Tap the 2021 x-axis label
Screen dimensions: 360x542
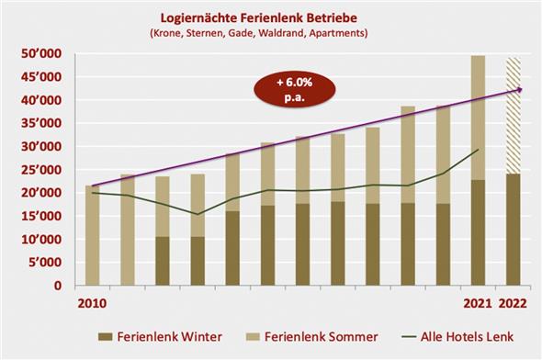[x=477, y=302]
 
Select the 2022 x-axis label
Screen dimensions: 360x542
[x=514, y=302]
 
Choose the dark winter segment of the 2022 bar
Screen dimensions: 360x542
[x=514, y=230]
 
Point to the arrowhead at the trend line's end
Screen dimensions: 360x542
[x=520, y=89]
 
